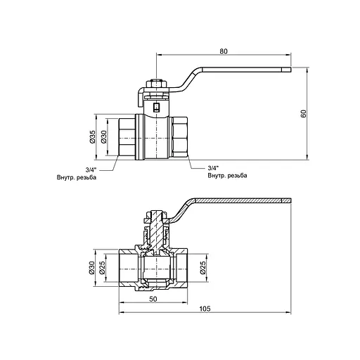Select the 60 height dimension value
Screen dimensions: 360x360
point(304,114)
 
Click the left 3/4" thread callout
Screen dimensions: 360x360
point(91,169)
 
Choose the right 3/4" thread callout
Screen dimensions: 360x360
point(214,169)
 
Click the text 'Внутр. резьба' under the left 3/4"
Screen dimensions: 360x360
point(77,177)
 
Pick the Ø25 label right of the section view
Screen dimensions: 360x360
point(203,267)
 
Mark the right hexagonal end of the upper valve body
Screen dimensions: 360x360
point(181,136)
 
